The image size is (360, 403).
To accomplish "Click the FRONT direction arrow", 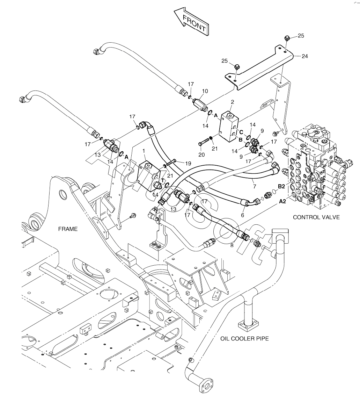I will pyautogui.click(x=191, y=22).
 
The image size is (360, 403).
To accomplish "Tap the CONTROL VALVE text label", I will pyautogui.click(x=316, y=217).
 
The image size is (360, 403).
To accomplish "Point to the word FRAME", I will pyautogui.click(x=68, y=229).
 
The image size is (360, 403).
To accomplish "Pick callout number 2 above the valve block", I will pyautogui.click(x=233, y=102).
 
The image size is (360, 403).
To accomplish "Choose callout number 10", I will pyautogui.click(x=205, y=91).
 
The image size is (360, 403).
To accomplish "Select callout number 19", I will pyautogui.click(x=188, y=163).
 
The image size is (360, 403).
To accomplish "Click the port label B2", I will pyautogui.click(x=282, y=187).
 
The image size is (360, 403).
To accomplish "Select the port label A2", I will pyautogui.click(x=283, y=201).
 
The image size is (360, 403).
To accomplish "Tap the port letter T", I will pyautogui.click(x=162, y=181).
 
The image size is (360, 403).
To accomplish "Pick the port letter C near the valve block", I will pyautogui.click(x=241, y=132).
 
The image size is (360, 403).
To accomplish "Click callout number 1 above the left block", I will pyautogui.click(x=144, y=150).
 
